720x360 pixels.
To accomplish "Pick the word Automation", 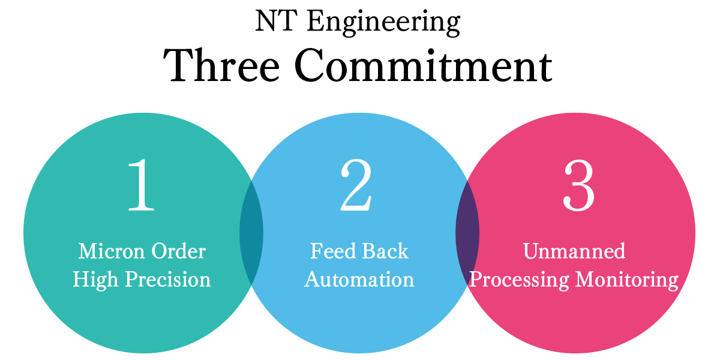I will click(x=359, y=280).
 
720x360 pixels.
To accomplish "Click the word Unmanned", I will click(x=574, y=251).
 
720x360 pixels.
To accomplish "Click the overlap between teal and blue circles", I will click(x=251, y=232).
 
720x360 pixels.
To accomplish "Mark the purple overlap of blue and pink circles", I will click(x=467, y=232).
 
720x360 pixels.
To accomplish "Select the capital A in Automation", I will click(x=313, y=280).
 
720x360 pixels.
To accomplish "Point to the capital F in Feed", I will click(x=316, y=251).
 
